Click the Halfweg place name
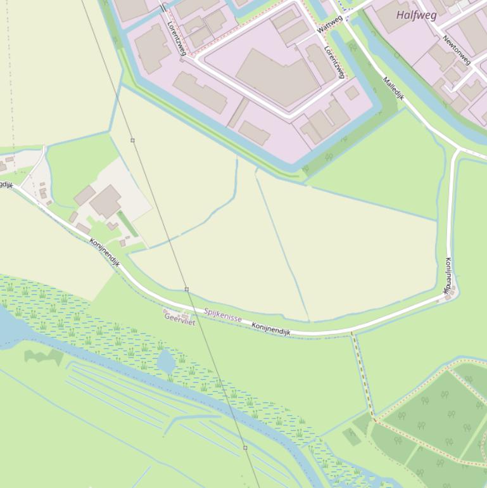(x=416, y=15)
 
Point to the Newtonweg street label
(x=457, y=49)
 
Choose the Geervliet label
(x=180, y=318)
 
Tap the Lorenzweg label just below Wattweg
(x=334, y=61)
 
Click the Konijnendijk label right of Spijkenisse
(x=270, y=328)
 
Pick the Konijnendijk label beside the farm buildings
(x=104, y=252)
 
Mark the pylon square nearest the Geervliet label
(x=187, y=289)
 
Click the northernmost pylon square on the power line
(x=132, y=140)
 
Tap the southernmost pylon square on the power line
(x=245, y=447)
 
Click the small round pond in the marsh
(x=166, y=362)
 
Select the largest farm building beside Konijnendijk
(x=105, y=201)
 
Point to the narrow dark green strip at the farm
(x=127, y=224)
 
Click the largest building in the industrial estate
(x=277, y=77)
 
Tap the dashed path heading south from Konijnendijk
(x=363, y=374)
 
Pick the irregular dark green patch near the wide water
(x=43, y=357)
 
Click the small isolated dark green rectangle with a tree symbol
(x=352, y=435)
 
